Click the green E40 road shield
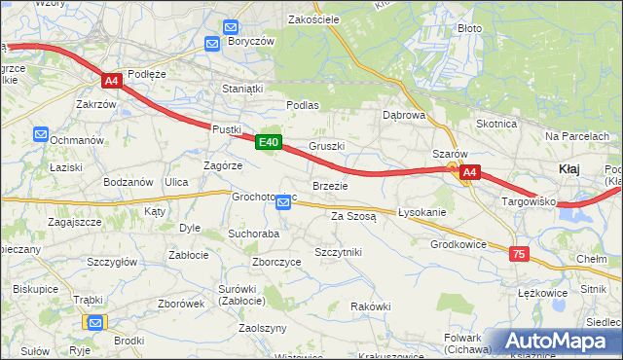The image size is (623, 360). coord(270,143)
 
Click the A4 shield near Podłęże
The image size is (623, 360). coord(112,82)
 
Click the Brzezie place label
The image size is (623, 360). coord(329,185)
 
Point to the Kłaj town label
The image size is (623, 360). coord(569,168)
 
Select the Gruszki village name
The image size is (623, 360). coord(327,146)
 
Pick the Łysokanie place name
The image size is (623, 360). coord(421,212)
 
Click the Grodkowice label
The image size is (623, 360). coord(458,244)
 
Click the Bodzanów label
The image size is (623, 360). coord(128,182)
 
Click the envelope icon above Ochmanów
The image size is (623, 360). coord(40,134)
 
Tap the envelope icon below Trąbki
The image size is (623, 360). coord(94,322)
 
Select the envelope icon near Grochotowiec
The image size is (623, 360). coord(283,202)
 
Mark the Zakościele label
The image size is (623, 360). coord(312,18)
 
